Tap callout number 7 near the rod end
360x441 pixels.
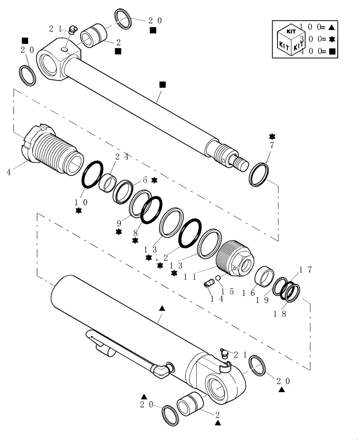coord(272,145)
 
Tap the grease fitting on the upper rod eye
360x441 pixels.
coord(73,30)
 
